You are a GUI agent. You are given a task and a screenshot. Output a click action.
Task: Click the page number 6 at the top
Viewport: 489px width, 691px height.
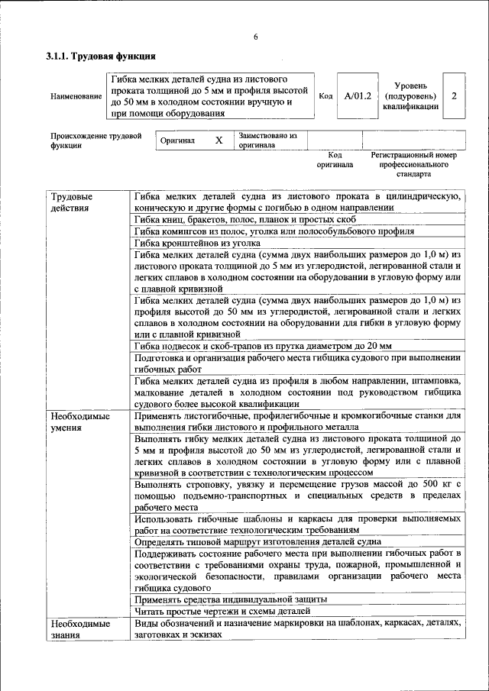pyautogui.click(x=256, y=38)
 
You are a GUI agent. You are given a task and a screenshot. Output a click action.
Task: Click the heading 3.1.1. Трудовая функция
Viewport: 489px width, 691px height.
pyautogui.click(x=101, y=57)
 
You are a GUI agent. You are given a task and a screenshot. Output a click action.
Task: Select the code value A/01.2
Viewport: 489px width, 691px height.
pyautogui.click(x=357, y=96)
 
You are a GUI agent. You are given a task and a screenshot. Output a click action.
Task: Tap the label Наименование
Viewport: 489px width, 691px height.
pyautogui.click(x=76, y=97)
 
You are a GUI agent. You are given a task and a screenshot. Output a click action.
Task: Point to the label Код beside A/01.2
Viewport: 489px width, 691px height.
pyautogui.click(x=325, y=96)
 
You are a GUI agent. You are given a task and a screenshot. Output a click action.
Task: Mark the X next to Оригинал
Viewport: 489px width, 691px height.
pyautogui.click(x=219, y=140)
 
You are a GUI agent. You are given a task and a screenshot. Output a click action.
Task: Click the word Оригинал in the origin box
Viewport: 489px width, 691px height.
pyautogui.click(x=177, y=140)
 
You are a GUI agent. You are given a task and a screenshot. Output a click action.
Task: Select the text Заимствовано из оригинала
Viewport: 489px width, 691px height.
pyautogui.click(x=267, y=140)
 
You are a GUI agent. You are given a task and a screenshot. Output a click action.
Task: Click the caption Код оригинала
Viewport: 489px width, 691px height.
pyautogui.click(x=335, y=160)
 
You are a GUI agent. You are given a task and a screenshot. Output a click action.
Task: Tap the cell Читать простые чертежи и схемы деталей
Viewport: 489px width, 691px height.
pyautogui.click(x=222, y=611)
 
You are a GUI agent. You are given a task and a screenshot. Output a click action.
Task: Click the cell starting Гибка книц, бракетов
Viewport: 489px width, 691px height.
pyautogui.click(x=244, y=219)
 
